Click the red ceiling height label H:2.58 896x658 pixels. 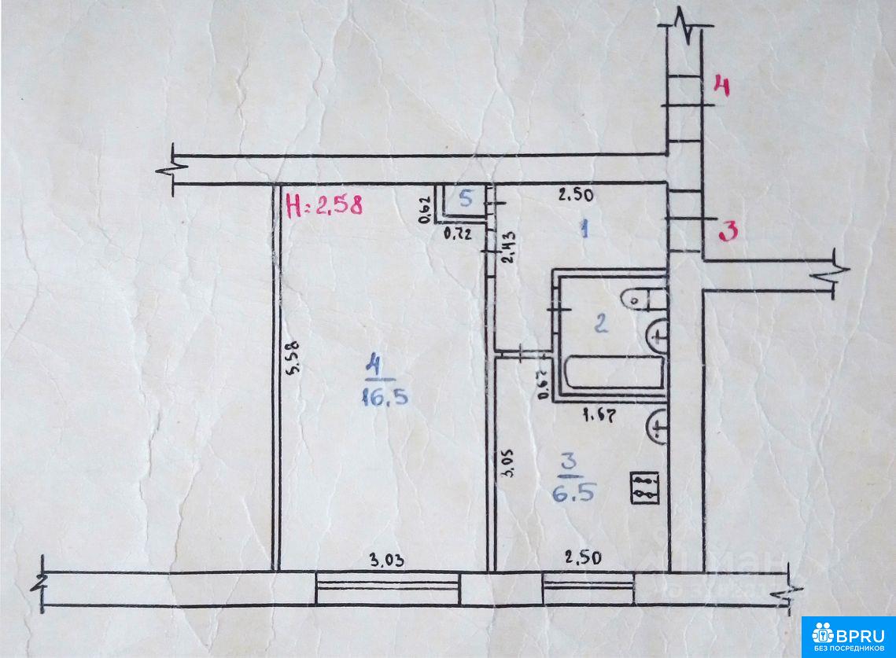click(324, 206)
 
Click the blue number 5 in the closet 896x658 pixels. click(466, 200)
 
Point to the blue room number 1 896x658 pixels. click(584, 229)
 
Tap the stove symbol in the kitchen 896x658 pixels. click(644, 487)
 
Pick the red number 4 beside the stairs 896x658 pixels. click(721, 86)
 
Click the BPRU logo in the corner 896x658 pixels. click(848, 636)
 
